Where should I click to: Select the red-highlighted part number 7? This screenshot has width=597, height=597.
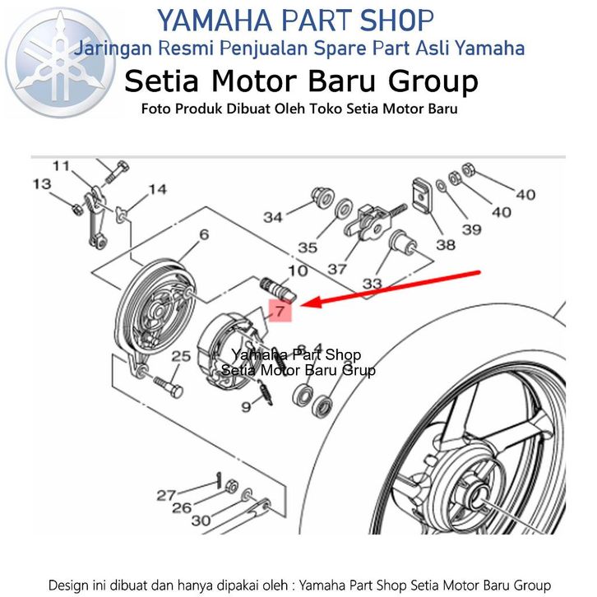click(x=280, y=312)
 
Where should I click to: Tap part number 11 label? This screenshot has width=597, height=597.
click(x=61, y=166)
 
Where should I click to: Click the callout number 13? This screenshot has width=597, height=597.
click(x=41, y=185)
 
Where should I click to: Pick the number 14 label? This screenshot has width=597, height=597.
click(x=156, y=190)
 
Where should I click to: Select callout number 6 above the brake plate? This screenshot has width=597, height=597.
click(x=203, y=234)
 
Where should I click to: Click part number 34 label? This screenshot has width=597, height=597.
click(x=273, y=217)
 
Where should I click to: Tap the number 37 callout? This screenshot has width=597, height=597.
click(x=336, y=268)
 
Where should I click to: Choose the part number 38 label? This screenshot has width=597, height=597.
click(x=446, y=244)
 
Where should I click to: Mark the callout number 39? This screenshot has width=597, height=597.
click(x=471, y=229)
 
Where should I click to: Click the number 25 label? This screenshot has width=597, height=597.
click(x=181, y=356)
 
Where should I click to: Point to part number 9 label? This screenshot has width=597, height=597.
click(x=245, y=406)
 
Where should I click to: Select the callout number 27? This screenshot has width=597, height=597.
click(x=167, y=496)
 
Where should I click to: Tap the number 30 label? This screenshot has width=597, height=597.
click(x=201, y=521)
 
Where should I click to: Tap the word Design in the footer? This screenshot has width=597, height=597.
click(x=71, y=585)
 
